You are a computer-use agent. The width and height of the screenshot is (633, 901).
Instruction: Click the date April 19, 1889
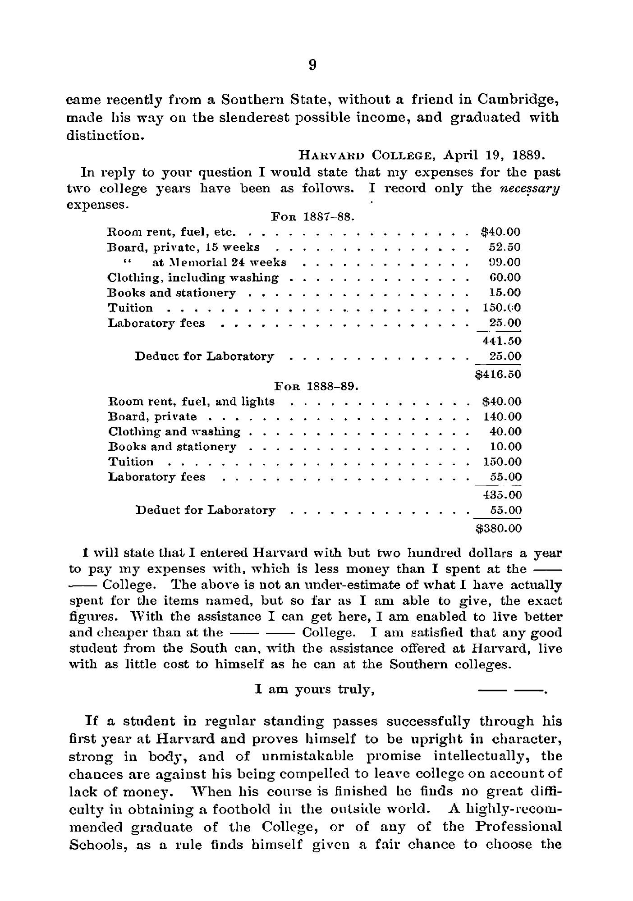495,156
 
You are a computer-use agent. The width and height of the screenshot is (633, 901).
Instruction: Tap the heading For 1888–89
316,386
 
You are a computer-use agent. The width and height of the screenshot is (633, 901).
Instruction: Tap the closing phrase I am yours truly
315,689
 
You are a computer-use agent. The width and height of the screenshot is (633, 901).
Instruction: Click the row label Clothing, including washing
193,278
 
